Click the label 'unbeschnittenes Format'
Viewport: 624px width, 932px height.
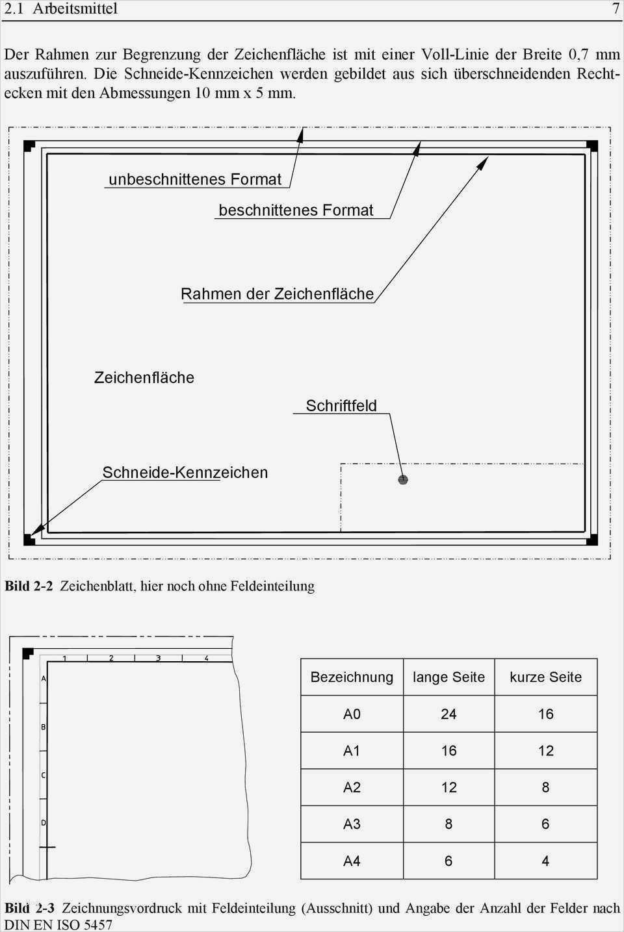click(x=195, y=179)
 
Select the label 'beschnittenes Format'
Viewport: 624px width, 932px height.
click(x=296, y=210)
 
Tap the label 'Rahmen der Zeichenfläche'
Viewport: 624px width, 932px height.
click(x=277, y=294)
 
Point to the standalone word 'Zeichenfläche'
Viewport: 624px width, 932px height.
click(x=144, y=377)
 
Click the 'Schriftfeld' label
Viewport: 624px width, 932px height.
click(x=341, y=406)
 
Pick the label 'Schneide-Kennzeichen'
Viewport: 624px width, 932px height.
click(x=185, y=472)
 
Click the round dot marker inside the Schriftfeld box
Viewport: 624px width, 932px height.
click(x=403, y=480)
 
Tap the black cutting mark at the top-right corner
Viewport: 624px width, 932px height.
click(x=591, y=146)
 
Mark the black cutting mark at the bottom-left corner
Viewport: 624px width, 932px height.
click(x=29, y=538)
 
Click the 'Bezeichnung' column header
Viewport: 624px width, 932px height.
click(x=352, y=677)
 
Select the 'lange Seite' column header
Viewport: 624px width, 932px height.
click(x=448, y=677)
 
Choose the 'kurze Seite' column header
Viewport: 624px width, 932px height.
click(x=545, y=677)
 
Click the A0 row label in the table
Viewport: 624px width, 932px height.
click(x=352, y=714)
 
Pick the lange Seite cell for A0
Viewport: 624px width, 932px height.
click(x=448, y=714)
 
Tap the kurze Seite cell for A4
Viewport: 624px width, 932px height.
click(x=545, y=861)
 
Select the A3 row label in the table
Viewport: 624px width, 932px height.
click(x=352, y=824)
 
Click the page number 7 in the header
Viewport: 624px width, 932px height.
click(x=615, y=8)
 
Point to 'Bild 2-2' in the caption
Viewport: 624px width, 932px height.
click(x=29, y=586)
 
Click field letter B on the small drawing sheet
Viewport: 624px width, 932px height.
click(x=44, y=727)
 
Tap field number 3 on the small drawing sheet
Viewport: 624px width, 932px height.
click(x=159, y=658)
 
